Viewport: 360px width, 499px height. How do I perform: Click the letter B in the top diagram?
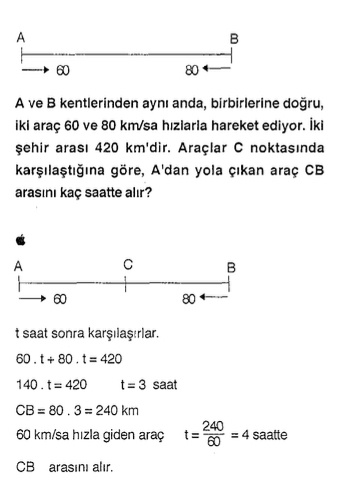234,39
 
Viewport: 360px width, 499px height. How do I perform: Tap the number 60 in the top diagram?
64,71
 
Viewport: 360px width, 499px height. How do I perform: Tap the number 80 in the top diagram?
191,71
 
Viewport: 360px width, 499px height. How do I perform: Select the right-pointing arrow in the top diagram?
34,71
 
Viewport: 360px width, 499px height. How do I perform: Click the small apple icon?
20,240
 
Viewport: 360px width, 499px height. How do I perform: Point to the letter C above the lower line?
128,265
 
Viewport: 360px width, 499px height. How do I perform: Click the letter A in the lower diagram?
20,267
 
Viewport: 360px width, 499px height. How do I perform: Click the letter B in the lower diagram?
231,268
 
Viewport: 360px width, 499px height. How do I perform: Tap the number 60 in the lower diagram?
60,299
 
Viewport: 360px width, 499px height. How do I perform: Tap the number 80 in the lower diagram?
188,299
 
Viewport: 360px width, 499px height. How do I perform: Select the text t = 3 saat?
149,383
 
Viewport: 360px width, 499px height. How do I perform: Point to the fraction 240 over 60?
212,434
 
